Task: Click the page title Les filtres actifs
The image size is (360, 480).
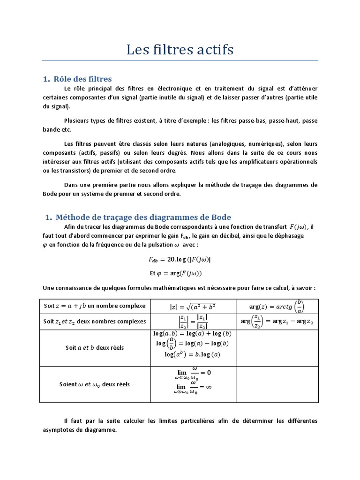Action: pyautogui.click(x=180, y=49)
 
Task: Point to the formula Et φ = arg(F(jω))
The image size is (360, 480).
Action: pyautogui.click(x=176, y=273)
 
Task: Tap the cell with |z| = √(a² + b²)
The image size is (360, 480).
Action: pyautogui.click(x=193, y=307)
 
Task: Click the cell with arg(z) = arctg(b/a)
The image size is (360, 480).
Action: pyautogui.click(x=277, y=307)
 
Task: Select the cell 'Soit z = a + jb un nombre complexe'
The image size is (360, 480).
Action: pyautogui.click(x=95, y=306)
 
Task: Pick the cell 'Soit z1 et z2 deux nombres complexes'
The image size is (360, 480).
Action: pyautogui.click(x=95, y=322)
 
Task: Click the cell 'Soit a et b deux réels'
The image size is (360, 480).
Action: pyautogui.click(x=95, y=348)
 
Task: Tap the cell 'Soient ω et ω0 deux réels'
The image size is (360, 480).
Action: pyautogui.click(x=95, y=384)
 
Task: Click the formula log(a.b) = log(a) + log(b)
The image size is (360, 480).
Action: pyautogui.click(x=192, y=334)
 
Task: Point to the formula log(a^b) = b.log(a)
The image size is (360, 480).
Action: pyautogui.click(x=192, y=354)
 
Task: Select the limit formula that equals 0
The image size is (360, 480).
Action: pyautogui.click(x=192, y=374)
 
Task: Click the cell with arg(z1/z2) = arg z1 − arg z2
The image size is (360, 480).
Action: pyautogui.click(x=277, y=322)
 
